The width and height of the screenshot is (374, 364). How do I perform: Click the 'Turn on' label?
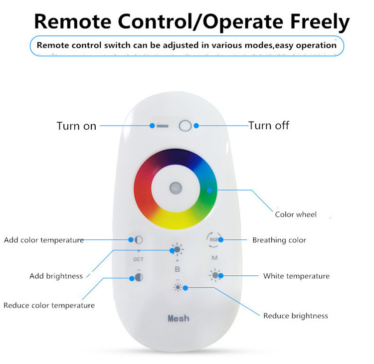click(76, 126)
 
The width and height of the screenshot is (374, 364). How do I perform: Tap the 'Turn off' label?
click(269, 126)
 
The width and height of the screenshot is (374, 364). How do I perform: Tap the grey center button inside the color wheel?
click(176, 188)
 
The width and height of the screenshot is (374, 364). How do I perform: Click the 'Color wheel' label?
click(296, 214)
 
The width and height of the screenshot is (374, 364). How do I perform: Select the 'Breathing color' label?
click(279, 240)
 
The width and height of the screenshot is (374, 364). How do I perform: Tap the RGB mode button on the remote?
click(214, 239)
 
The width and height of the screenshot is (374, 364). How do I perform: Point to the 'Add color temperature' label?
click(44, 240)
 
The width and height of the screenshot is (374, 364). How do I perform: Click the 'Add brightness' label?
click(56, 276)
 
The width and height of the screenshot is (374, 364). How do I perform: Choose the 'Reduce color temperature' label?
click(49, 305)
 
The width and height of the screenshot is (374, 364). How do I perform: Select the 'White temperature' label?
click(297, 276)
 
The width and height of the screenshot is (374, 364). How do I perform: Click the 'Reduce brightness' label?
click(296, 316)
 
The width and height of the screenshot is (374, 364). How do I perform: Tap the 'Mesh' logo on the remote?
click(179, 319)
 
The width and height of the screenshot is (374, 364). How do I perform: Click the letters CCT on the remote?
click(138, 259)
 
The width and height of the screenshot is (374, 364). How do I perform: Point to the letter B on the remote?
click(177, 269)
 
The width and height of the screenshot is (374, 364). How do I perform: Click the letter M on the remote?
click(214, 258)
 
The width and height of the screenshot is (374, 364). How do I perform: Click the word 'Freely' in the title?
click(320, 21)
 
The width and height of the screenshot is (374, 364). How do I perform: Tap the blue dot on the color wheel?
click(209, 190)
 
